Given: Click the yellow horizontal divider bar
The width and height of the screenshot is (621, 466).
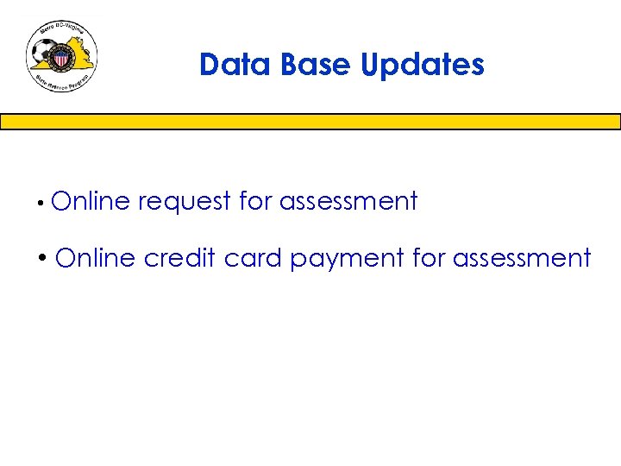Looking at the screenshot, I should (310, 122).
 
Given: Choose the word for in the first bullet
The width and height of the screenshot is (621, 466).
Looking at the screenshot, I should (255, 201).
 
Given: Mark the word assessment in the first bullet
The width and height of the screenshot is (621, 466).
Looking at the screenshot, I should (348, 202).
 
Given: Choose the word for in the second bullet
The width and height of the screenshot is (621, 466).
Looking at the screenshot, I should (429, 258).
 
